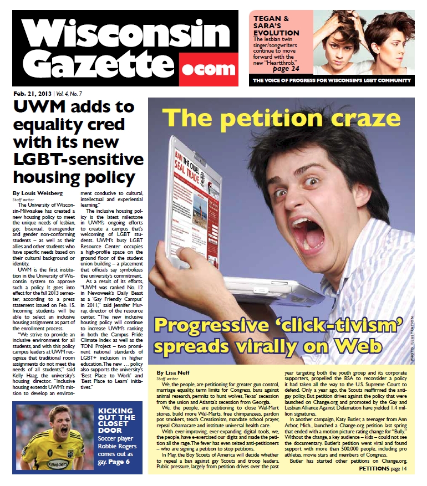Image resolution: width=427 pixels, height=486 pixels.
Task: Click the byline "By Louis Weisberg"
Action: click(38, 193)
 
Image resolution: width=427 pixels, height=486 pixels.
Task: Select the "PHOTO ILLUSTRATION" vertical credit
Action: click(411, 340)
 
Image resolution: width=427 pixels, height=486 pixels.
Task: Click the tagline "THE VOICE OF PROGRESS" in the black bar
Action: click(288, 81)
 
